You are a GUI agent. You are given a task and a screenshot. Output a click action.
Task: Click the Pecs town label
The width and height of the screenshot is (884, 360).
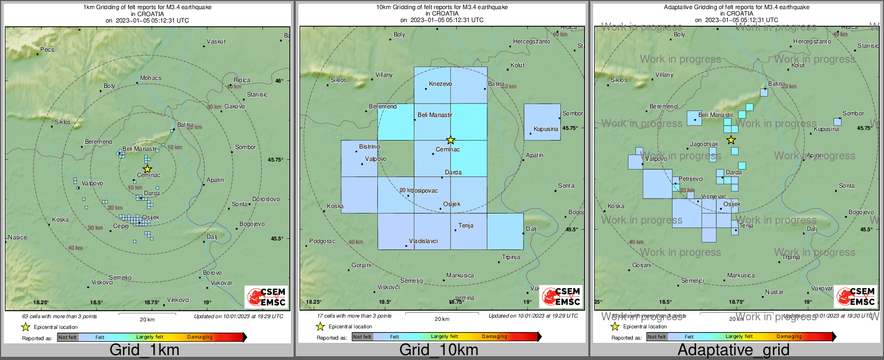(x=47, y=49)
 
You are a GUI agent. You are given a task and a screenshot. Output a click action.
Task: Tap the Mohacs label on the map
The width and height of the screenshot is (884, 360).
(x=150, y=78)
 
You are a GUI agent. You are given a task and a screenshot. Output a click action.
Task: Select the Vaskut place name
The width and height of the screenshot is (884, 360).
(x=216, y=41)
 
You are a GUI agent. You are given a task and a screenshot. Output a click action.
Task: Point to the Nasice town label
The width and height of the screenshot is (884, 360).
(x=18, y=237)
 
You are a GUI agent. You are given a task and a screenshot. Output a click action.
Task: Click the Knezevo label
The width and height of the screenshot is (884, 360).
(x=441, y=84)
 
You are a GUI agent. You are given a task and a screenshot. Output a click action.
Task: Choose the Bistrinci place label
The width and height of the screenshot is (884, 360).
(x=369, y=146)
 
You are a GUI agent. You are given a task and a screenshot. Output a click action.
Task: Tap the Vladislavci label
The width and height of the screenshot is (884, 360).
(x=423, y=241)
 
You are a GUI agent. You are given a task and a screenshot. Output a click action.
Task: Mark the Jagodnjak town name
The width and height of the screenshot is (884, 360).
(x=704, y=144)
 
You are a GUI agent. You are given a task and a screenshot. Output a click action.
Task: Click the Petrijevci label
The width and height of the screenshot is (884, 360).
(x=691, y=179)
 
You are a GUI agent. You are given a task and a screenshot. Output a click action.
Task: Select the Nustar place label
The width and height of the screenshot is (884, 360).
(x=775, y=292)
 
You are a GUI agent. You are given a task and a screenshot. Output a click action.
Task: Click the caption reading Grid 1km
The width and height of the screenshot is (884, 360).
(x=144, y=350)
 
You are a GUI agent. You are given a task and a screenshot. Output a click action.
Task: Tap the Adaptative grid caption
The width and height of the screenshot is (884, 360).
(x=733, y=350)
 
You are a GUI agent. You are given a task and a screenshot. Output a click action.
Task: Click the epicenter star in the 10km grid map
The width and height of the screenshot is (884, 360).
(x=451, y=140)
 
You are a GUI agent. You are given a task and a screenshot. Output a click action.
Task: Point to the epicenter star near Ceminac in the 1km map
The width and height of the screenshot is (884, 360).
(x=148, y=168)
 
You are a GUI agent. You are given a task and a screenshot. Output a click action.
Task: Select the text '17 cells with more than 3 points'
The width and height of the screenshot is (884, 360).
(x=354, y=316)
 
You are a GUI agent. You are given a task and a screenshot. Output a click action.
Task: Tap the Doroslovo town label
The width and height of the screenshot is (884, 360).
(x=266, y=199)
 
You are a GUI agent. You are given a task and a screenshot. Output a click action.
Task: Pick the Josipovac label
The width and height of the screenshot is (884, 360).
(x=425, y=191)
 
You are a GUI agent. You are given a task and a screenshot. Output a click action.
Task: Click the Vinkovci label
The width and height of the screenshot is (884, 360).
(x=178, y=300)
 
